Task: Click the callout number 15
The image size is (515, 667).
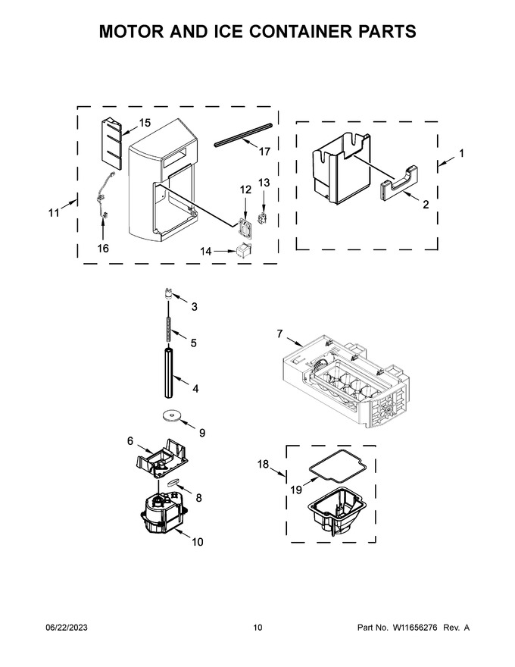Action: point(145,123)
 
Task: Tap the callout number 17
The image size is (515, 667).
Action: point(264,152)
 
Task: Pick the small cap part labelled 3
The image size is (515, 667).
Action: point(169,293)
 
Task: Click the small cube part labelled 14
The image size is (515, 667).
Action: point(243,251)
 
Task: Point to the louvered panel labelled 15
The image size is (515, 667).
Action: point(111,144)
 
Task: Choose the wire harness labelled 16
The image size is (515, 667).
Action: point(103,196)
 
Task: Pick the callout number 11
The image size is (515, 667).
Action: point(54,212)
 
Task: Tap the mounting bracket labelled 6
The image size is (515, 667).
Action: point(162,458)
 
